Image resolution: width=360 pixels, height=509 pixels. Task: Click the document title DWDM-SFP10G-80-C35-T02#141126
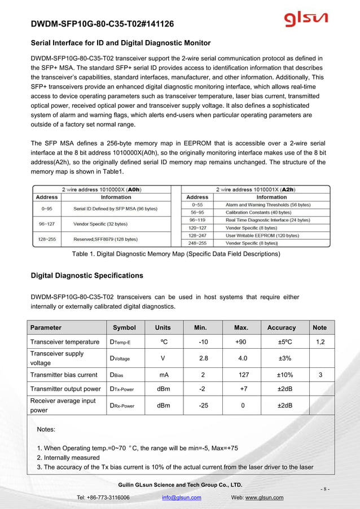(x=102, y=24)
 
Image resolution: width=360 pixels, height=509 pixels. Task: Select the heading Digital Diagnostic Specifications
(x=86, y=276)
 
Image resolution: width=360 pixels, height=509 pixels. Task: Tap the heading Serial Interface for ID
(x=120, y=43)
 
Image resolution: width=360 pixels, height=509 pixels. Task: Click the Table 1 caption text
(x=176, y=254)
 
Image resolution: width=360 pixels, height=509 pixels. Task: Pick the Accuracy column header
(x=282, y=327)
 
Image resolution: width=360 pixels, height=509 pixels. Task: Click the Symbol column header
(x=124, y=327)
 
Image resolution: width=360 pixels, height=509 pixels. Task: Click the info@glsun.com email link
(x=181, y=497)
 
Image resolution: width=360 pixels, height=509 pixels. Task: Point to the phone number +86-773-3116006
(x=110, y=497)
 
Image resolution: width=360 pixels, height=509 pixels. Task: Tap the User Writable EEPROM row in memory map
(x=259, y=235)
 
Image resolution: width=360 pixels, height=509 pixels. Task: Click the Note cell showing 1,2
(x=320, y=342)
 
